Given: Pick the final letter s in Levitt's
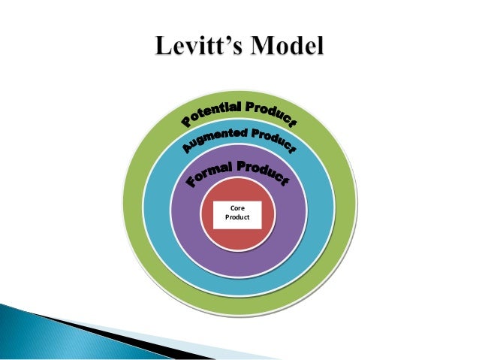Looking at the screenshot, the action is pyautogui.click(x=235, y=51).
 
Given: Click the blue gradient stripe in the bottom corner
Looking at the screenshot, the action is pyautogui.click(x=30, y=331).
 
